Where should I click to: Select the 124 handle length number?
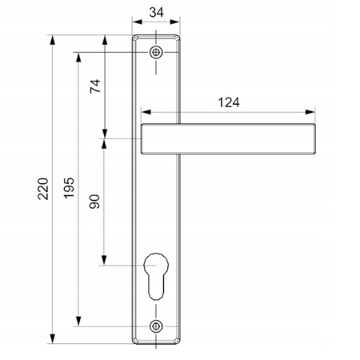tap(229, 102)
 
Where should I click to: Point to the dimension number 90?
tap(95, 202)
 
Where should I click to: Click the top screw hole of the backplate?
tap(156, 53)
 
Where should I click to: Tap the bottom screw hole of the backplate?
tap(156, 326)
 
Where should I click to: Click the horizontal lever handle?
tap(232, 139)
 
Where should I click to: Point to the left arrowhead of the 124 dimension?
tap(144, 111)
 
